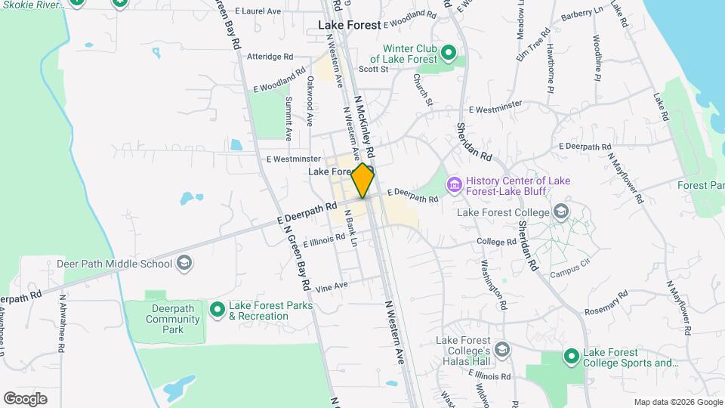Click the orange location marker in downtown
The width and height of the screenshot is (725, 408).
click(363, 181)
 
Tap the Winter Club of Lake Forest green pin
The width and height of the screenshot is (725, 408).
click(448, 53)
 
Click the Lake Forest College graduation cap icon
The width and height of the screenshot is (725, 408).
click(560, 212)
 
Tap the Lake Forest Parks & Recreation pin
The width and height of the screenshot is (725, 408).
click(217, 309)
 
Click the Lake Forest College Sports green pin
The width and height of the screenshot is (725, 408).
click(572, 356)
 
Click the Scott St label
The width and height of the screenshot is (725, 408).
click(373, 69)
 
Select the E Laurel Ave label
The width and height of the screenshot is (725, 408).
click(258, 11)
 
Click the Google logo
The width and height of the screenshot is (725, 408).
click(25, 399)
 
